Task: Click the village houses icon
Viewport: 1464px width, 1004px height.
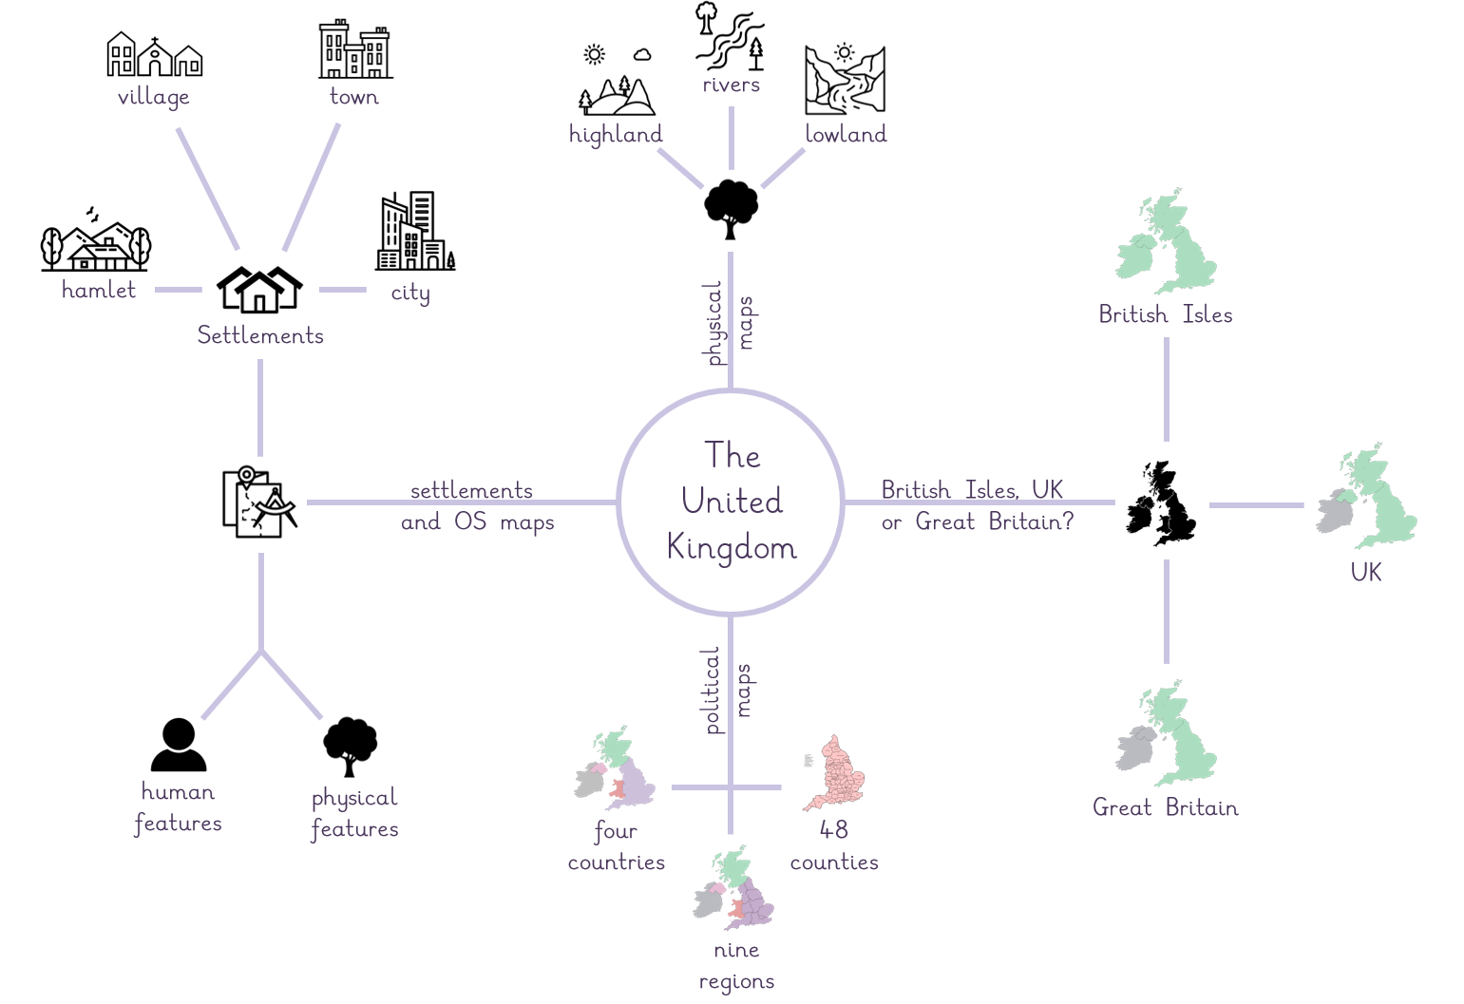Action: [154, 54]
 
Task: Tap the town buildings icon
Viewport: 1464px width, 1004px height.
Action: [355, 49]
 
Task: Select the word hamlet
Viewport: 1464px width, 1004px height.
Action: [99, 290]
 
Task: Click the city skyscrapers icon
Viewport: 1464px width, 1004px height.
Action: [415, 231]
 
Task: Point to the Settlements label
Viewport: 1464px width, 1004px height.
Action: [260, 335]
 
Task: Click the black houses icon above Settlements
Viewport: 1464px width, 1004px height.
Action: [259, 289]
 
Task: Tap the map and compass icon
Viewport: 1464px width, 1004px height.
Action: [259, 502]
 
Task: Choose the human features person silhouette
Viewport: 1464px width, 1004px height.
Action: [179, 745]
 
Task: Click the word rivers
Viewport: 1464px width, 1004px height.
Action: [732, 85]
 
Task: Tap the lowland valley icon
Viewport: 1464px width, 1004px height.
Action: [846, 80]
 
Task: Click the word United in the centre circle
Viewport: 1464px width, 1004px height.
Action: [732, 502]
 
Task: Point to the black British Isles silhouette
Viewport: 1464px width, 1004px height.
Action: [1161, 502]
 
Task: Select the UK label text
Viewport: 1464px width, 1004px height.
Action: [1366, 573]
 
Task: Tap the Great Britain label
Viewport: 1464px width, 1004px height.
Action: [1166, 808]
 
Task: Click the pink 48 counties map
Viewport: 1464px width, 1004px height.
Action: [835, 772]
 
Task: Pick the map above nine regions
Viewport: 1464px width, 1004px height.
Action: [733, 887]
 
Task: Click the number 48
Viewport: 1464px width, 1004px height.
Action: [834, 830]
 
